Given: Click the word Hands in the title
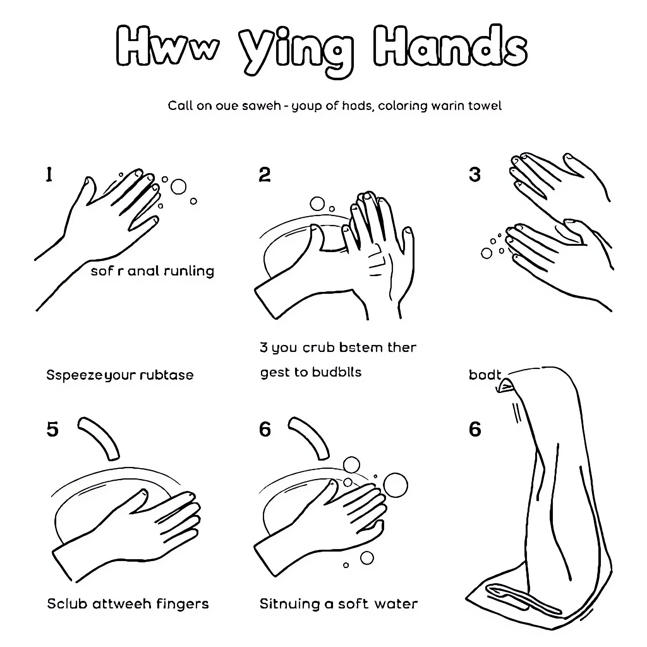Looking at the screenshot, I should pyautogui.click(x=450, y=47).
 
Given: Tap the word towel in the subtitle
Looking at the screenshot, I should pyautogui.click(x=485, y=106).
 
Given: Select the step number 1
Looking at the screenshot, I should pyautogui.click(x=49, y=175).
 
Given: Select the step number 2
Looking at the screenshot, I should pyautogui.click(x=264, y=175).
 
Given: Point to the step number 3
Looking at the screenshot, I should pyautogui.click(x=475, y=175).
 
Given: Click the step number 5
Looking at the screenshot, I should pyautogui.click(x=52, y=429).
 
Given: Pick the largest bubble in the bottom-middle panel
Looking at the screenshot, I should pyautogui.click(x=396, y=485).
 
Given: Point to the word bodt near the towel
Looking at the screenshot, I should pyautogui.click(x=484, y=375).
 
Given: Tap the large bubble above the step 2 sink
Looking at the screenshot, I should pyautogui.click(x=317, y=204).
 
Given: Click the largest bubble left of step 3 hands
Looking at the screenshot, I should pyautogui.click(x=486, y=253).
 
